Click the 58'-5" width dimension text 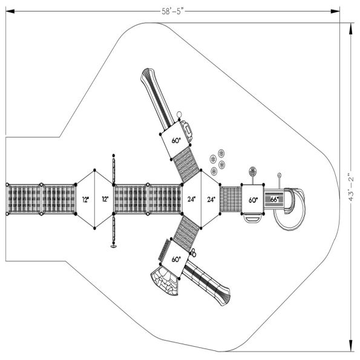point(171,10)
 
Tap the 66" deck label point(274,200)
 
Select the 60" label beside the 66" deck point(252,200)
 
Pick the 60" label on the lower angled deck point(176,259)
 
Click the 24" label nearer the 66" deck point(211,199)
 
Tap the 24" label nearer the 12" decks point(191,199)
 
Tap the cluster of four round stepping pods point(217,160)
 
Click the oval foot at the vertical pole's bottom point(113,245)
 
